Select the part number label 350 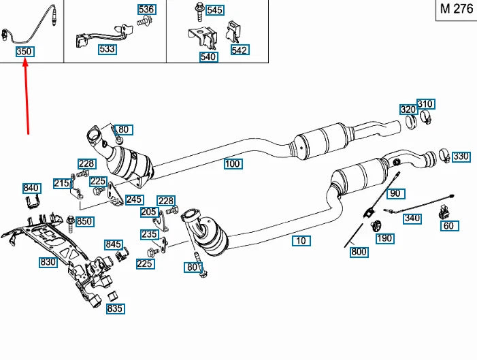tap(24, 52)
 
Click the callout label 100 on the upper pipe tap(232, 164)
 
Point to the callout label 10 tap(301, 240)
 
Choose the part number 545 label tap(214, 10)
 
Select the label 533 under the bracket tap(106, 49)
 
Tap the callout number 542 tap(240, 50)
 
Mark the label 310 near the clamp tap(425, 104)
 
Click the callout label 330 tap(461, 157)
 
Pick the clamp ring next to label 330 tap(443, 156)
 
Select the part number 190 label tap(384, 238)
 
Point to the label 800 tap(359, 252)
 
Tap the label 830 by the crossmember tap(48, 262)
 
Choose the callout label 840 tap(31, 188)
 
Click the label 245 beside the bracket tap(134, 199)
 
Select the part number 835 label tap(115, 309)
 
